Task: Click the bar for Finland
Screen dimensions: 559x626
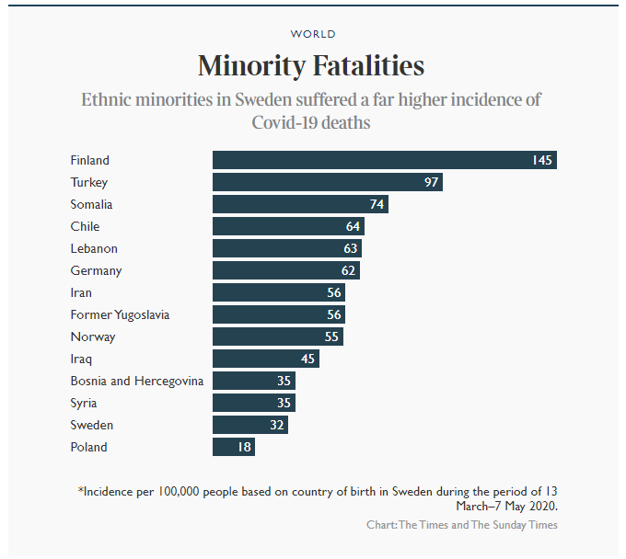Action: coord(384,160)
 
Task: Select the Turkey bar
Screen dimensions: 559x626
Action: coord(327,182)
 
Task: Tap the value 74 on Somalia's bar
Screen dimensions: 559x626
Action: coord(377,204)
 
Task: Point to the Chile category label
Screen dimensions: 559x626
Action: coord(85,226)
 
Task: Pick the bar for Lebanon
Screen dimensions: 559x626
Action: coord(286,248)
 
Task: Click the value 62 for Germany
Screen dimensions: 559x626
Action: coord(348,270)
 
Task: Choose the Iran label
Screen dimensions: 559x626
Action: coord(82,292)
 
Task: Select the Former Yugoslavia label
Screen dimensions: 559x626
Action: coord(120,314)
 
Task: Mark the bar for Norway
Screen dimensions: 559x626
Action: coord(276,337)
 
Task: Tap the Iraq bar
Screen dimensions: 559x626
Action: coord(265,359)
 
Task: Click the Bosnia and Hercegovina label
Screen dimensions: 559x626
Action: coord(136,381)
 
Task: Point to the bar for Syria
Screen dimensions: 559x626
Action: coord(253,403)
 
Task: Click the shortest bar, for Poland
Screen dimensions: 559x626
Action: coord(233,447)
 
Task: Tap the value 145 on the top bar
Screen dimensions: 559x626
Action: coord(541,160)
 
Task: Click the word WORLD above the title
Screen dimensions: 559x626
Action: coord(313,34)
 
